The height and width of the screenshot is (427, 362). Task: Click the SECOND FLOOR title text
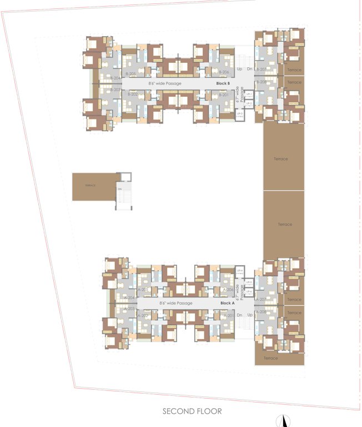(192, 411)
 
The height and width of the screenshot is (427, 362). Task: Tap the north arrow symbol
(283, 421)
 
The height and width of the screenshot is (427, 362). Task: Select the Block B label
(223, 83)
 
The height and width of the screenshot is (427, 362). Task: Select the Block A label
(227, 303)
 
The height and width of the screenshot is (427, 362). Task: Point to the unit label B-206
(224, 73)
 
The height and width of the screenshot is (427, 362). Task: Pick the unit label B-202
(132, 95)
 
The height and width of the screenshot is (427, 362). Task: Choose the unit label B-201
(224, 95)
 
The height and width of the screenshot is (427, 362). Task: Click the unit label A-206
(228, 290)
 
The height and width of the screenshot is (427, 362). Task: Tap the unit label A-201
(228, 315)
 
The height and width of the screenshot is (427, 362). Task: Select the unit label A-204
(129, 298)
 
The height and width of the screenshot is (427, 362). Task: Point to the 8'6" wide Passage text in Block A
(176, 303)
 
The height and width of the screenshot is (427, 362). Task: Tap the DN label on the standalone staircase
(119, 189)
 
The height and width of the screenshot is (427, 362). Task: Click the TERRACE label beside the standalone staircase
(90, 185)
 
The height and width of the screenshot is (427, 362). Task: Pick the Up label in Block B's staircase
(240, 69)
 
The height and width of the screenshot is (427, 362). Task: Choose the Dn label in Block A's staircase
(239, 315)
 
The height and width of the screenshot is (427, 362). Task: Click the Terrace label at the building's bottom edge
(270, 358)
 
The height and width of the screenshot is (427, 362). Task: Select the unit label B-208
(261, 82)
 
